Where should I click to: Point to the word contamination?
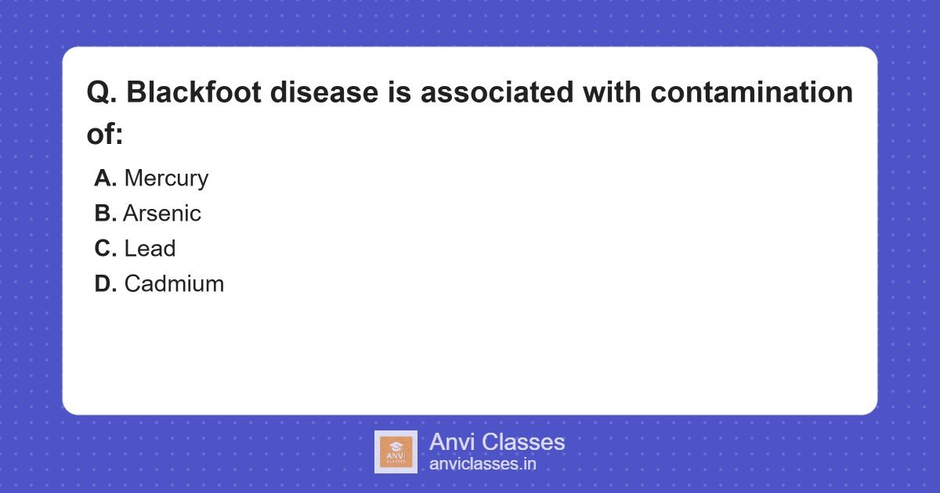click(x=752, y=93)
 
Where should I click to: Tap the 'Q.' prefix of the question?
click(x=102, y=93)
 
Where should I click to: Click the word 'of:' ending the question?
click(x=105, y=134)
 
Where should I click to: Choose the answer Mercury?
click(x=166, y=178)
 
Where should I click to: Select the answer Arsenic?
click(x=162, y=214)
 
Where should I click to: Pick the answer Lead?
click(x=150, y=249)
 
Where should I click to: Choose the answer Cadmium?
click(x=174, y=283)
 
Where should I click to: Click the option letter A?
click(x=105, y=178)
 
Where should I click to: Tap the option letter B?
click(x=105, y=214)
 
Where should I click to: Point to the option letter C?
click(x=105, y=249)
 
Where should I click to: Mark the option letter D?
click(x=105, y=283)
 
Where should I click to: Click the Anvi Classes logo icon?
click(x=396, y=452)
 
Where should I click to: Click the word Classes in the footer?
click(x=522, y=442)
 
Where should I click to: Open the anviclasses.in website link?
click(x=483, y=464)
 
